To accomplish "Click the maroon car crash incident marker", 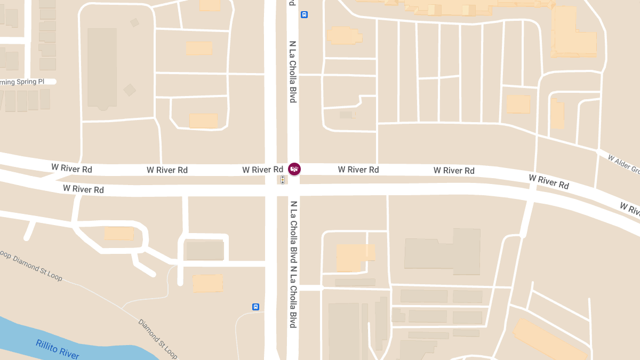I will pos(294,169).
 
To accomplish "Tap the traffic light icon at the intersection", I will pos(282,180).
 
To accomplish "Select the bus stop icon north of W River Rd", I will pos(304,14).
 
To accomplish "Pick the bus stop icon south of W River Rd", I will pos(255,307).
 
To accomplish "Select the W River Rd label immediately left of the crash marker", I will pos(262,170).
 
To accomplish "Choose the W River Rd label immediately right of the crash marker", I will pos(358,170).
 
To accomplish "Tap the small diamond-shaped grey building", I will pos(130,90).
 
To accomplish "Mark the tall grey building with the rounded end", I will pos(102,67).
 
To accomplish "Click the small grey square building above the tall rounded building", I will pos(134,22).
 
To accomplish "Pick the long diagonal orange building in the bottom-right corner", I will pos(549,340).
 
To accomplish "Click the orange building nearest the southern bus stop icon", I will pos(207,283).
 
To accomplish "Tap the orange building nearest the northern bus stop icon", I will pos(343,35).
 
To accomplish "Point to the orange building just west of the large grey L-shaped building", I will pos(355,257).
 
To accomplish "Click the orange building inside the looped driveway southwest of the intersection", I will pos(118,233).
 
